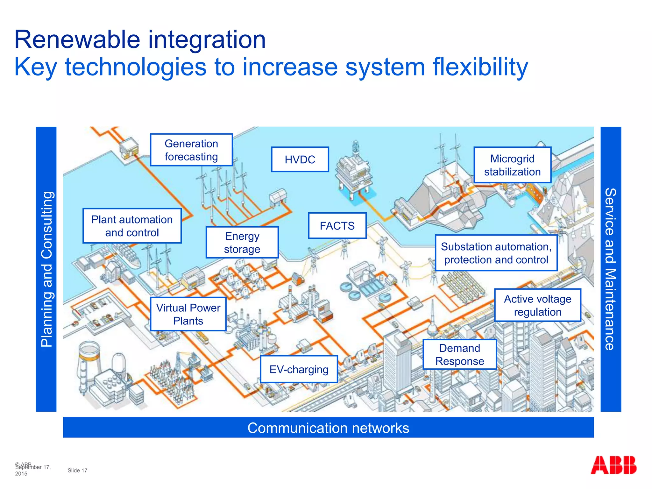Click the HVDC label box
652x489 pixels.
point(300,159)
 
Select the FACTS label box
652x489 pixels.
point(337,226)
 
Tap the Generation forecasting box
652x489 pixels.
point(191,150)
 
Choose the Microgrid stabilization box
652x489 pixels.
point(512,165)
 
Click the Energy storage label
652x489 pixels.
point(242,243)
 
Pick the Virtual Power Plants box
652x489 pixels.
point(188,314)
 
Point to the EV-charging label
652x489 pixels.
point(299,369)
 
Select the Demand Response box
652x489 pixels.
point(459,355)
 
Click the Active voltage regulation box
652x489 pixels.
point(537,305)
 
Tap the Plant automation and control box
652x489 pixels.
point(132,226)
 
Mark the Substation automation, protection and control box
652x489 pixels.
point(496,253)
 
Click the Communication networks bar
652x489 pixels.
point(328,428)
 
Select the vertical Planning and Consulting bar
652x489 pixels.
point(46,269)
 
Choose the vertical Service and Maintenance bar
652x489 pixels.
point(611,269)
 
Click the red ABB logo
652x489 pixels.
point(613,465)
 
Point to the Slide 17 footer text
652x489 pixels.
point(77,471)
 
